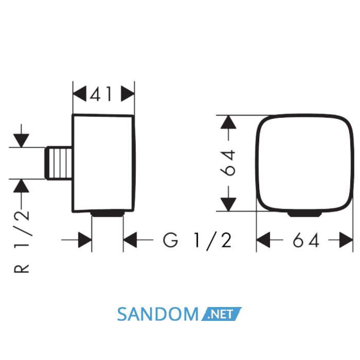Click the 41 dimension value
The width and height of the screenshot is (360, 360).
101,94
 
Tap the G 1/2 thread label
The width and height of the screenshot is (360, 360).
197,240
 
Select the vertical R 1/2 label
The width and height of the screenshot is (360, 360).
22,242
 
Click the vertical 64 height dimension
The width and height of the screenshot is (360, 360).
227,163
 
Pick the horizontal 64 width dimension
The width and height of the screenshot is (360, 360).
306,240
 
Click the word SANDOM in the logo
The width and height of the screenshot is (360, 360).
158,314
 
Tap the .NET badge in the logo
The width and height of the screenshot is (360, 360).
221,314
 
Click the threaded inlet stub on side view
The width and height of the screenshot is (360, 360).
59,163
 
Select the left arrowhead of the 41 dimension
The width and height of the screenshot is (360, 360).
79,94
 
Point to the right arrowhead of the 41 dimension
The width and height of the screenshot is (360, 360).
128,94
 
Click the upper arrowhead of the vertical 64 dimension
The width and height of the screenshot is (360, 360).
228,122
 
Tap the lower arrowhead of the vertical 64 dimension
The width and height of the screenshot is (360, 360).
228,204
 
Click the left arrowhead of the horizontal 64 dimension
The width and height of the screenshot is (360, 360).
263,240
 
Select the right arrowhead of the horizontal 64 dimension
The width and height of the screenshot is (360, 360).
346,240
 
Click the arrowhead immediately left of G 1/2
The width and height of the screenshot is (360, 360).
130,240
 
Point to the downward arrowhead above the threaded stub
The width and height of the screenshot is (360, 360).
21,140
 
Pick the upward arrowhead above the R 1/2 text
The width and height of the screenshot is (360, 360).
21,186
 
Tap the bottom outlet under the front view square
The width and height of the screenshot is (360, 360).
304,214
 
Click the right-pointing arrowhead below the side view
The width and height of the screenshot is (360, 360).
85,240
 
